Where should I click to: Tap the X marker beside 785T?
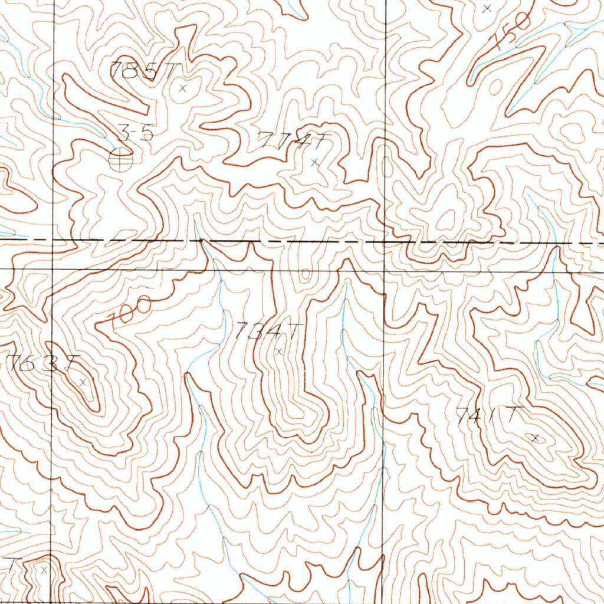(182, 88)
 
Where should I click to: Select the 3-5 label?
(136, 134)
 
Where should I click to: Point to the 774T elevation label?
(293, 142)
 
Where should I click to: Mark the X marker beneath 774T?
(316, 161)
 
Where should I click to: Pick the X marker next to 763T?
(83, 382)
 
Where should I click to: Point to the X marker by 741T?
(535, 438)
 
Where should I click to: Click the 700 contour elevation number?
(130, 311)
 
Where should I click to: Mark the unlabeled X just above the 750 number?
(487, 8)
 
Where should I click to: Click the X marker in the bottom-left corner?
(44, 570)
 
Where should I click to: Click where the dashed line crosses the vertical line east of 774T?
(385, 241)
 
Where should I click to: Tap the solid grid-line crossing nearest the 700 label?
(54, 269)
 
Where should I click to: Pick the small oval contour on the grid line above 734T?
(306, 273)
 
